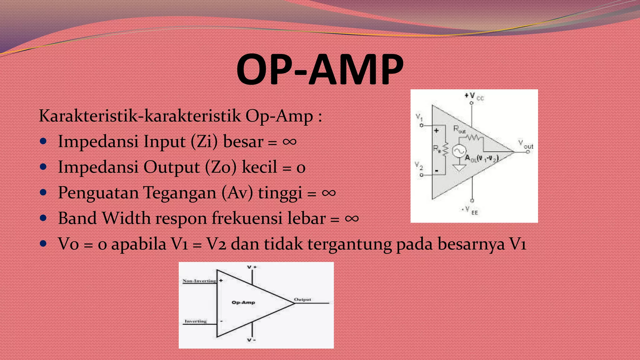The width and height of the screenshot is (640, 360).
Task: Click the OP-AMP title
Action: click(320, 69)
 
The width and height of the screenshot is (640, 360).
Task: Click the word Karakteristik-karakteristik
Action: click(140, 116)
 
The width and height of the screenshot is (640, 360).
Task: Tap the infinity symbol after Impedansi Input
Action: click(289, 142)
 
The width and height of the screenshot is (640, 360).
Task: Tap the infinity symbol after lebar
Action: click(352, 218)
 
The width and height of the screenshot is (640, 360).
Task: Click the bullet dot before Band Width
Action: click(43, 218)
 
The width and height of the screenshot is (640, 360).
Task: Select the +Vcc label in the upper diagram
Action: click(474, 96)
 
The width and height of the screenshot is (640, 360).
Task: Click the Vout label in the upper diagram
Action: click(526, 144)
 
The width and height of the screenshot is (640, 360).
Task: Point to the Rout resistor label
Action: click(459, 129)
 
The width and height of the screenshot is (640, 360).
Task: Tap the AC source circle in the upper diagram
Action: click(459, 151)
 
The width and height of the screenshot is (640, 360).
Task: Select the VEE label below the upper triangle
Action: click(471, 210)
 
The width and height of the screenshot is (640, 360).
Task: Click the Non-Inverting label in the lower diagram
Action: click(199, 281)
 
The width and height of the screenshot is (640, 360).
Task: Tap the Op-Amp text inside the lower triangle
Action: click(243, 302)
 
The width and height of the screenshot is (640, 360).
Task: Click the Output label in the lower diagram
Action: click(302, 299)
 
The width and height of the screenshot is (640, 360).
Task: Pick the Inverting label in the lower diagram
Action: click(196, 321)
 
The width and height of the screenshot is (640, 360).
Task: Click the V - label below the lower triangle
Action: click(251, 340)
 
